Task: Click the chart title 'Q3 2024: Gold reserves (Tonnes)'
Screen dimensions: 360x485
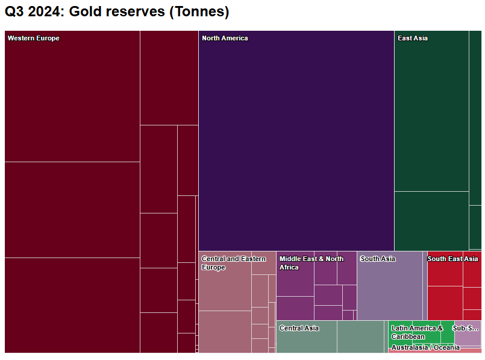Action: pyautogui.click(x=117, y=12)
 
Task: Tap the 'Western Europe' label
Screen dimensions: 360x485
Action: pyautogui.click(x=34, y=39)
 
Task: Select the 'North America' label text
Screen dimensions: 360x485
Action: pyautogui.click(x=225, y=39)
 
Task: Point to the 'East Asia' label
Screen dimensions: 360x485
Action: pyautogui.click(x=413, y=39)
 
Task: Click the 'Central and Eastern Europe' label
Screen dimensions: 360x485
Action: pyautogui.click(x=233, y=263)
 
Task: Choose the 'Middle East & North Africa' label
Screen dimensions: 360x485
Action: pyautogui.click(x=311, y=263)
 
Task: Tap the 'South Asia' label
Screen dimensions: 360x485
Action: pyautogui.click(x=378, y=259)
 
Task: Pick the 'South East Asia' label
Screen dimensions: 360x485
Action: pyautogui.click(x=452, y=259)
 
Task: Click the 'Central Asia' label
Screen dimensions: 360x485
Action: pyautogui.click(x=299, y=329)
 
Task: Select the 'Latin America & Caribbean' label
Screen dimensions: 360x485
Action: pyautogui.click(x=417, y=332)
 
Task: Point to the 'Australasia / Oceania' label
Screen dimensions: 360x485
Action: pyautogui.click(x=425, y=348)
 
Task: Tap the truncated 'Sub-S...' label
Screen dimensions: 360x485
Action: pyautogui.click(x=466, y=329)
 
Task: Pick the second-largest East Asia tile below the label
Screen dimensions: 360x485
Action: pyautogui.click(x=431, y=221)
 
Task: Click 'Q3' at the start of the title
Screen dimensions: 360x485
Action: pyautogui.click(x=14, y=12)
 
